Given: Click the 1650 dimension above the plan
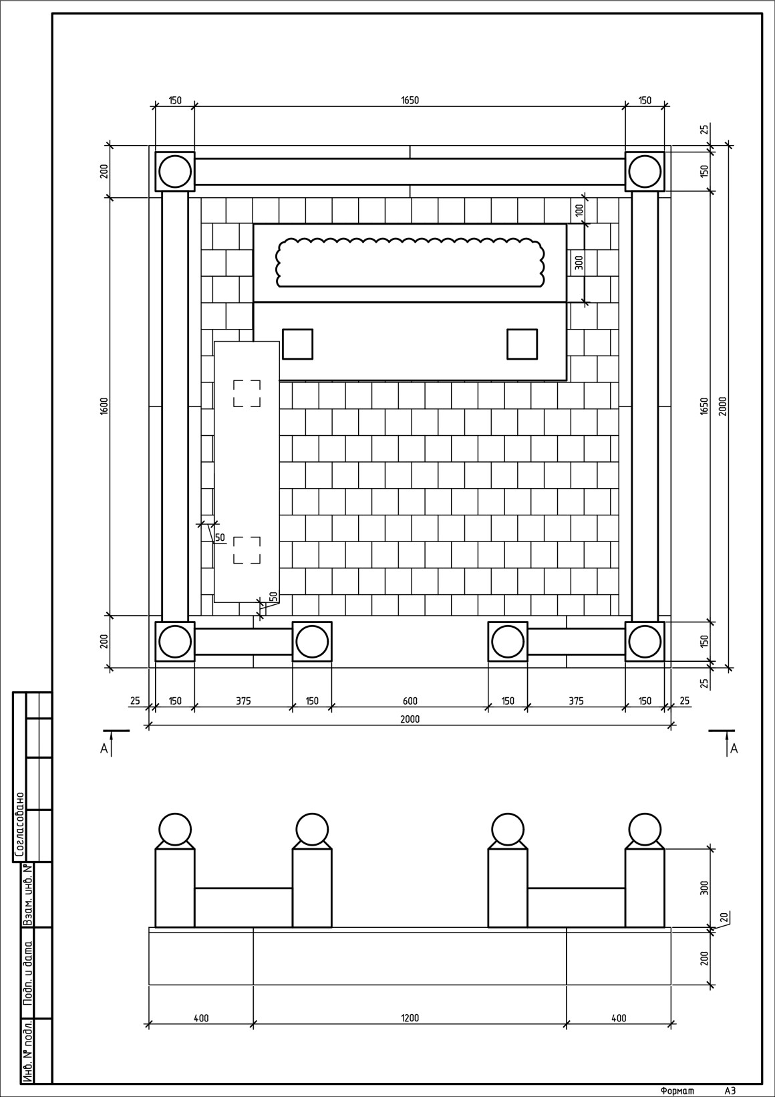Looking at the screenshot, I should (410, 100).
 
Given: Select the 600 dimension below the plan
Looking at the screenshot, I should (410, 701).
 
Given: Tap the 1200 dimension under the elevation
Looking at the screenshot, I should (410, 1017).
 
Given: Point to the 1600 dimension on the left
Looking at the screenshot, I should (104, 406).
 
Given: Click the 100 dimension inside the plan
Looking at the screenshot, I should (579, 209).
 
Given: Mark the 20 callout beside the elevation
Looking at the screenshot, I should (725, 917).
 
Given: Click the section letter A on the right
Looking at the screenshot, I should (734, 749).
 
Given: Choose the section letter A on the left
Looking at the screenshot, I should (104, 749).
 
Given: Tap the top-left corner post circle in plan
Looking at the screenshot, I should (175, 171).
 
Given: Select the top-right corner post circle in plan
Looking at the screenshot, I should (645, 171).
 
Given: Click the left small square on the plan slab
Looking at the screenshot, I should (297, 344).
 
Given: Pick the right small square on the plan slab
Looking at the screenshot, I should (522, 344).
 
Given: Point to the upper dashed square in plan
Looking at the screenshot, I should (247, 393).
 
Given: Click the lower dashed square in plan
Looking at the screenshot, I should (247, 550).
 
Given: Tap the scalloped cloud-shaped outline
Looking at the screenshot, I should (410, 263).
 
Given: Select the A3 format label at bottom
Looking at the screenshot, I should (730, 1090).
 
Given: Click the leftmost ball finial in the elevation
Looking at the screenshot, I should (175, 830).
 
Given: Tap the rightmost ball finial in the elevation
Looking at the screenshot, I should (645, 830).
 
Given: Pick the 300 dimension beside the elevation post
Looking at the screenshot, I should (704, 888).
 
